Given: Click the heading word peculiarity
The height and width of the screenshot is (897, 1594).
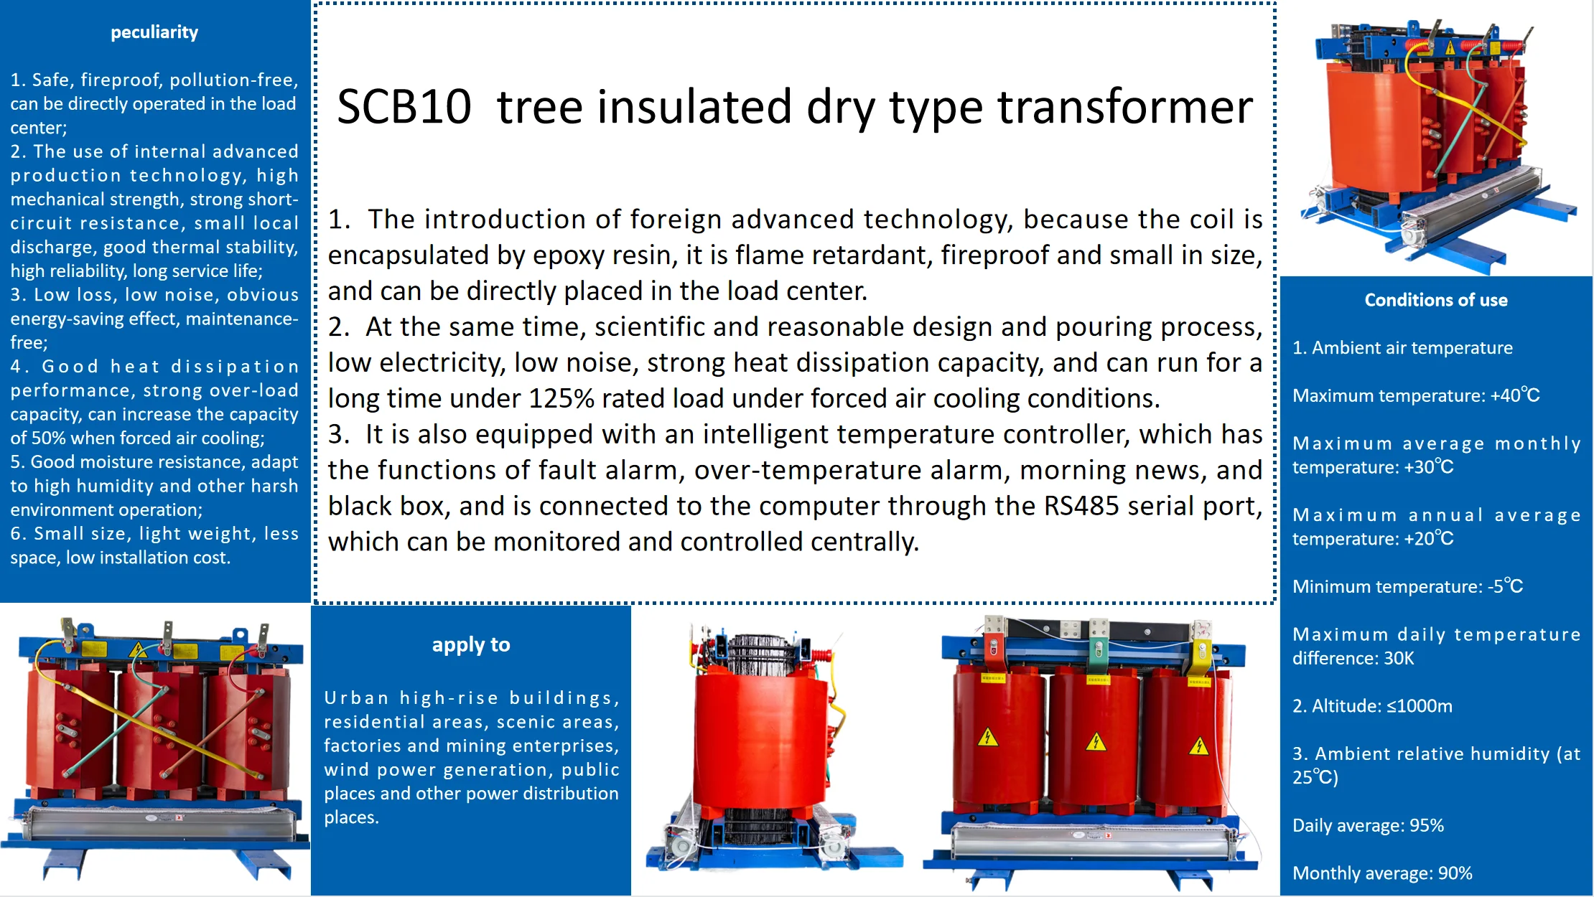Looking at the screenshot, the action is [154, 32].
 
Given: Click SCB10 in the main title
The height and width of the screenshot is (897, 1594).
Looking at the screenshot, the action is [404, 107].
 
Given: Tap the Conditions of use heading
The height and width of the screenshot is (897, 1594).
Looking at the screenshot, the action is [1436, 300].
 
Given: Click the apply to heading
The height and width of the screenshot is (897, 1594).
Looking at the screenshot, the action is [471, 644].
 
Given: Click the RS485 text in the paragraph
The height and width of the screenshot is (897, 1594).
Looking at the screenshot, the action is [1081, 506].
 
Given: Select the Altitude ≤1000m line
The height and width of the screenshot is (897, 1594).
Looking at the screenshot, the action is [1372, 706].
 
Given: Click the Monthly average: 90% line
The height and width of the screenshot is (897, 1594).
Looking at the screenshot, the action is [1382, 873].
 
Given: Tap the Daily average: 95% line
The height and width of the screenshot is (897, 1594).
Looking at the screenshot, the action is [1368, 825].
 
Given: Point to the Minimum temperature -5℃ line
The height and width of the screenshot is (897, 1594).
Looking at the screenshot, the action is [1407, 586].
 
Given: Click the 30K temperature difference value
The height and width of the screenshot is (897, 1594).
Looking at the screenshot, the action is [1399, 658].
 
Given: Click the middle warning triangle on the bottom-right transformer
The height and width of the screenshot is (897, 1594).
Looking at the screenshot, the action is [1096, 741].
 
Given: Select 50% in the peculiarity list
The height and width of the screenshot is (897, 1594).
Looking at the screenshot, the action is [48, 438].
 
